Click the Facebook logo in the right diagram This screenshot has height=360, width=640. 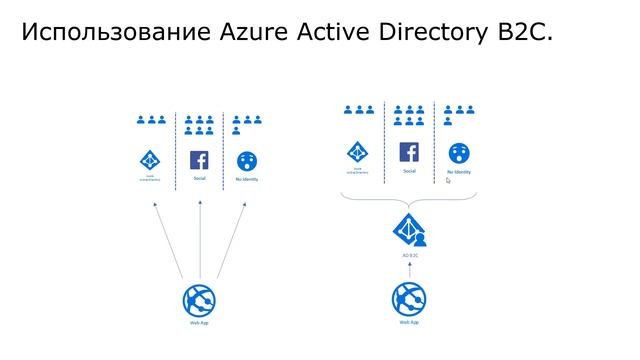(408, 153)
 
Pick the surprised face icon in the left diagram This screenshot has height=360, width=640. (246, 160)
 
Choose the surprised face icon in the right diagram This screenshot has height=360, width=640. (459, 153)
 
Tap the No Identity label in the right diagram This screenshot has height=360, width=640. (459, 172)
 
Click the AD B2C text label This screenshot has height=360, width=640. (408, 255)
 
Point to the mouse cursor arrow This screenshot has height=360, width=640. (449, 181)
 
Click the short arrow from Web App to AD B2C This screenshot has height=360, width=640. (408, 271)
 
